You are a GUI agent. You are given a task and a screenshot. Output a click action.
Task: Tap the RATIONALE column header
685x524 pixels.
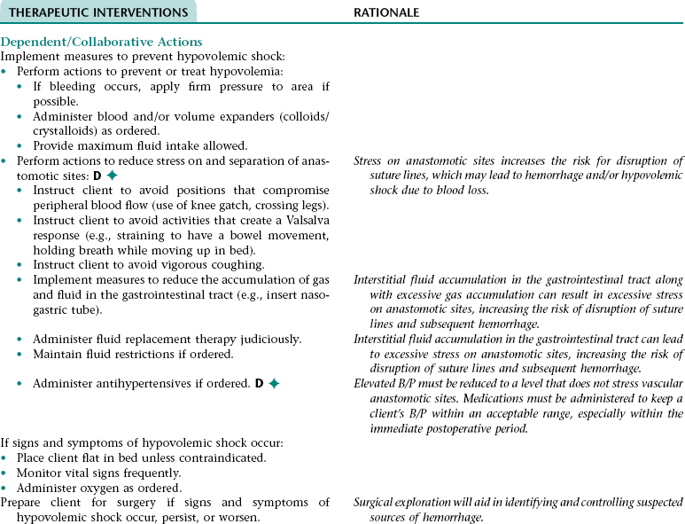[x=386, y=12]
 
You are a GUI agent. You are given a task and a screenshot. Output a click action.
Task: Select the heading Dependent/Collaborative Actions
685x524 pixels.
[x=101, y=42]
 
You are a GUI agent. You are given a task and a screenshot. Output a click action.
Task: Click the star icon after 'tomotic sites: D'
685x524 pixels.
[x=112, y=176]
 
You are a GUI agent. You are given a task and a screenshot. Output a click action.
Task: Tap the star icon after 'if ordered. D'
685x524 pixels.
[x=274, y=383]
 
